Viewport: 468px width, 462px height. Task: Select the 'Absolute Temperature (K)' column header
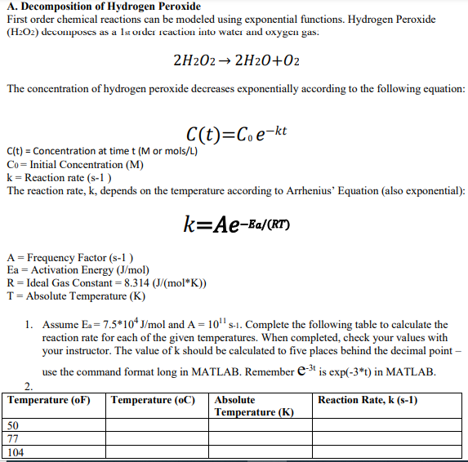(253, 406)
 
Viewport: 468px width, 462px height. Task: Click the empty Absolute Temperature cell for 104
(260, 451)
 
